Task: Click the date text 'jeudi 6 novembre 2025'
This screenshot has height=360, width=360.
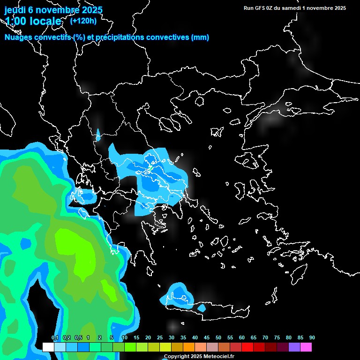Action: (x=53, y=10)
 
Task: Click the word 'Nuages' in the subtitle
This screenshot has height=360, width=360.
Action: (x=18, y=37)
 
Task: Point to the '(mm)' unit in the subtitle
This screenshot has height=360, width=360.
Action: (x=200, y=37)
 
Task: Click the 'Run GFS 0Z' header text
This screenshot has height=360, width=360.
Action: (x=259, y=8)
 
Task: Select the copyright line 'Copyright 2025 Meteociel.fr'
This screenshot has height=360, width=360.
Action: (x=199, y=356)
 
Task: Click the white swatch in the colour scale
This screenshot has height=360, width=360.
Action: (x=48, y=347)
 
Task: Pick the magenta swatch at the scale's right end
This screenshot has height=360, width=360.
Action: (x=306, y=347)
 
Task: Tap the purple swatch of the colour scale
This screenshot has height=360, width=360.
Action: (x=294, y=347)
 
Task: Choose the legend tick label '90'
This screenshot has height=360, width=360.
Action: (x=312, y=338)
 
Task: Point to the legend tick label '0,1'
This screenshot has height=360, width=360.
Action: (x=55, y=338)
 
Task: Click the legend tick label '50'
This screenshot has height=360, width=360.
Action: (x=218, y=338)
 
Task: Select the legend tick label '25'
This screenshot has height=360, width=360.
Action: (x=160, y=338)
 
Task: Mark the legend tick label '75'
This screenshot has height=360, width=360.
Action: (x=277, y=338)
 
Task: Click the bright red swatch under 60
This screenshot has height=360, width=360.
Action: (x=247, y=347)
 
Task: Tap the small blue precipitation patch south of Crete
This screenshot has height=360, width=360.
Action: (x=202, y=308)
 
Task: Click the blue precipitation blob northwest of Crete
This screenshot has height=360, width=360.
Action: (x=178, y=294)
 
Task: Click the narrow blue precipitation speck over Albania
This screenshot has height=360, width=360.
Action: (x=98, y=135)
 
